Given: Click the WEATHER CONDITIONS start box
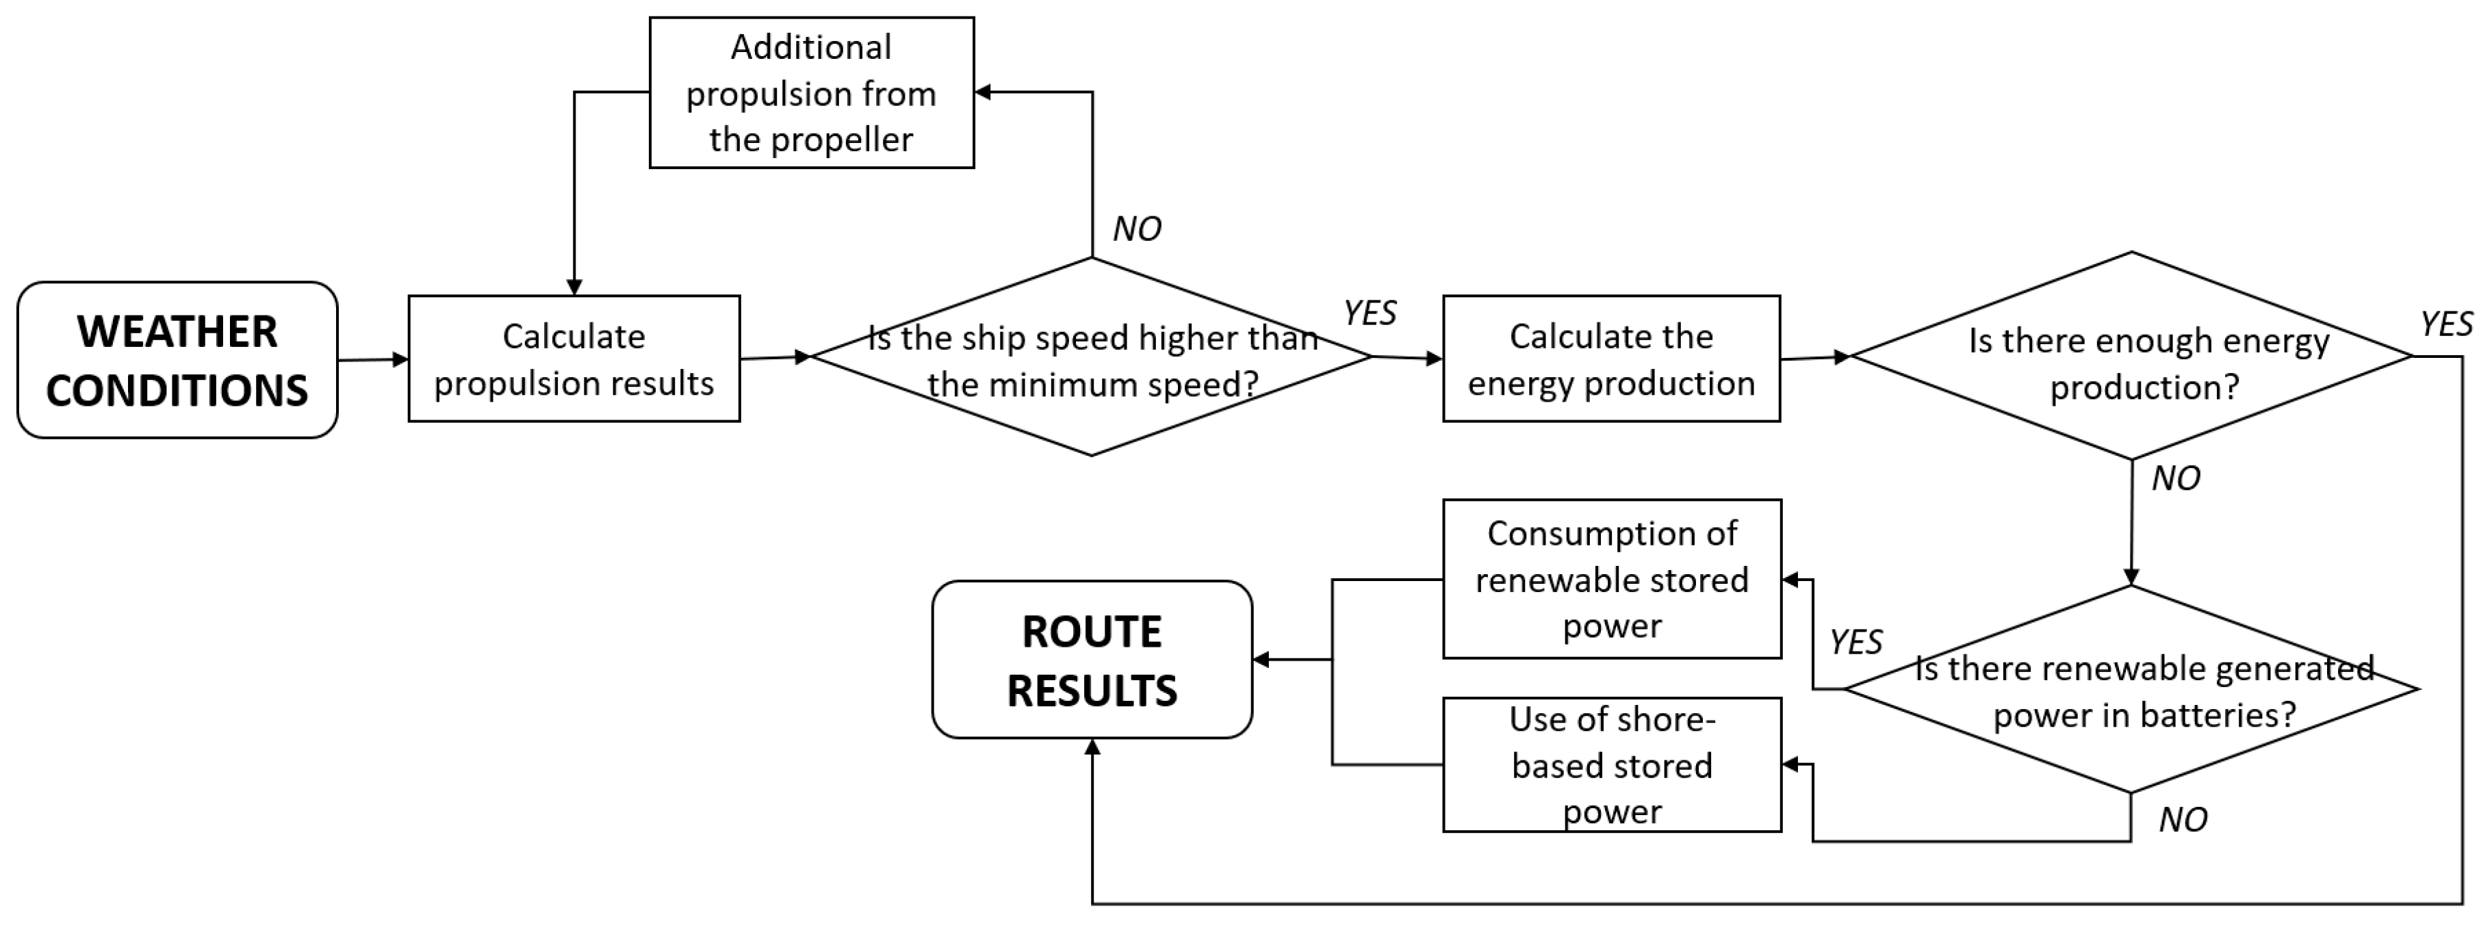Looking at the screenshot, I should tap(177, 360).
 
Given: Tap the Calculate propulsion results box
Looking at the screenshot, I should tap(574, 359).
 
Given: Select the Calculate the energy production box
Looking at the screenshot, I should tap(1610, 359).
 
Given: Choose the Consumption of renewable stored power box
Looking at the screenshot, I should tap(1612, 580).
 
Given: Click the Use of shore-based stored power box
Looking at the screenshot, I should tap(1612, 764).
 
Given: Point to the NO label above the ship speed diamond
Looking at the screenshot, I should tap(1137, 229).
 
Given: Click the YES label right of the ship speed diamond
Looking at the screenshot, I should tap(1370, 313).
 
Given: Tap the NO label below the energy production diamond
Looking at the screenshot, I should tap(2176, 479).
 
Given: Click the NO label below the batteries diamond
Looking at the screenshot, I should tap(2183, 821).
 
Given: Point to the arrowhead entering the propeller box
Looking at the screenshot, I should tap(983, 93).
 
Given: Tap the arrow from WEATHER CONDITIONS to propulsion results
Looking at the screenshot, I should tap(372, 360).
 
